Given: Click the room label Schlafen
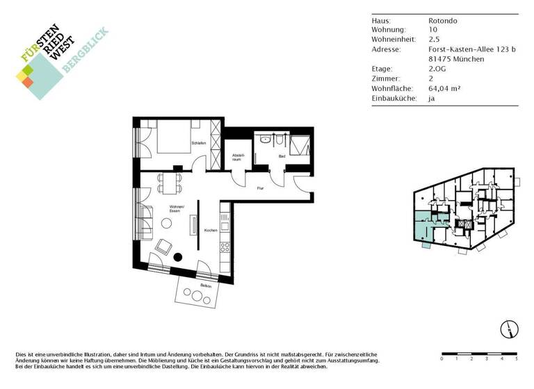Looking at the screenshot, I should [199, 144].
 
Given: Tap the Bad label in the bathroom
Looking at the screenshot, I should [282, 156].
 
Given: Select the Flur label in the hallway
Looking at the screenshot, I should [260, 188].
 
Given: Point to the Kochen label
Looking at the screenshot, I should [211, 230].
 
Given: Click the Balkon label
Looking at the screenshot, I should [206, 285].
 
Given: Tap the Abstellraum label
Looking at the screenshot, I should [237, 157].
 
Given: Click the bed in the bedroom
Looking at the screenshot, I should [177, 136].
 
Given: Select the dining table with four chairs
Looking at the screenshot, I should [168, 183].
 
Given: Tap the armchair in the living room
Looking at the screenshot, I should [164, 247].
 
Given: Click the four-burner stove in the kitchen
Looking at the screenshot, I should [225, 246].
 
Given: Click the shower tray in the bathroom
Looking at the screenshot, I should [300, 147].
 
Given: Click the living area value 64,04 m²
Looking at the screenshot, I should [445, 89].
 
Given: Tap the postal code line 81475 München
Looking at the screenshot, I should [455, 60].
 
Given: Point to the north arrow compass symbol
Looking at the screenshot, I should [509, 329].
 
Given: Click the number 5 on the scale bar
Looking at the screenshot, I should [516, 359].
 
